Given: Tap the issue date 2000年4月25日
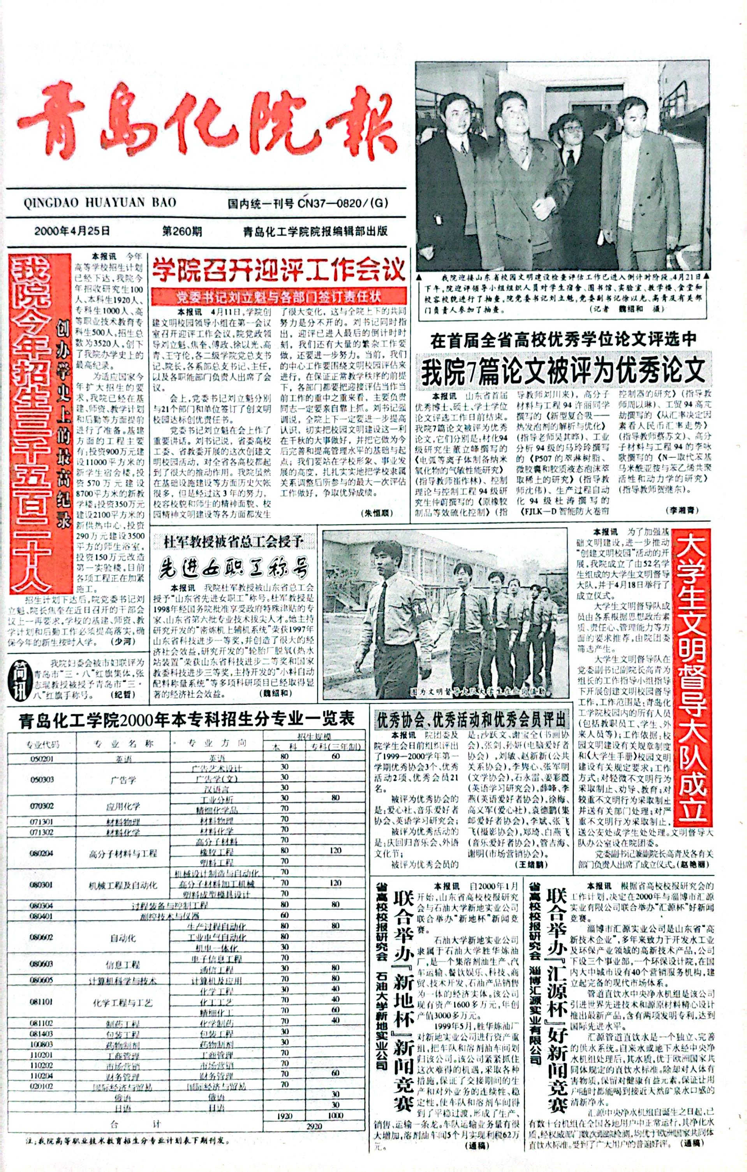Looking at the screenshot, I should click(72, 231).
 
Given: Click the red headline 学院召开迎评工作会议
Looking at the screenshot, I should click(278, 270).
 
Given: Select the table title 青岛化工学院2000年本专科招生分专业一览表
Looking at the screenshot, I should click(187, 720).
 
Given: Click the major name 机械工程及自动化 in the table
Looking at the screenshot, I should click(123, 885).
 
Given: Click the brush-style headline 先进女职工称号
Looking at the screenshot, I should click(233, 567).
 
